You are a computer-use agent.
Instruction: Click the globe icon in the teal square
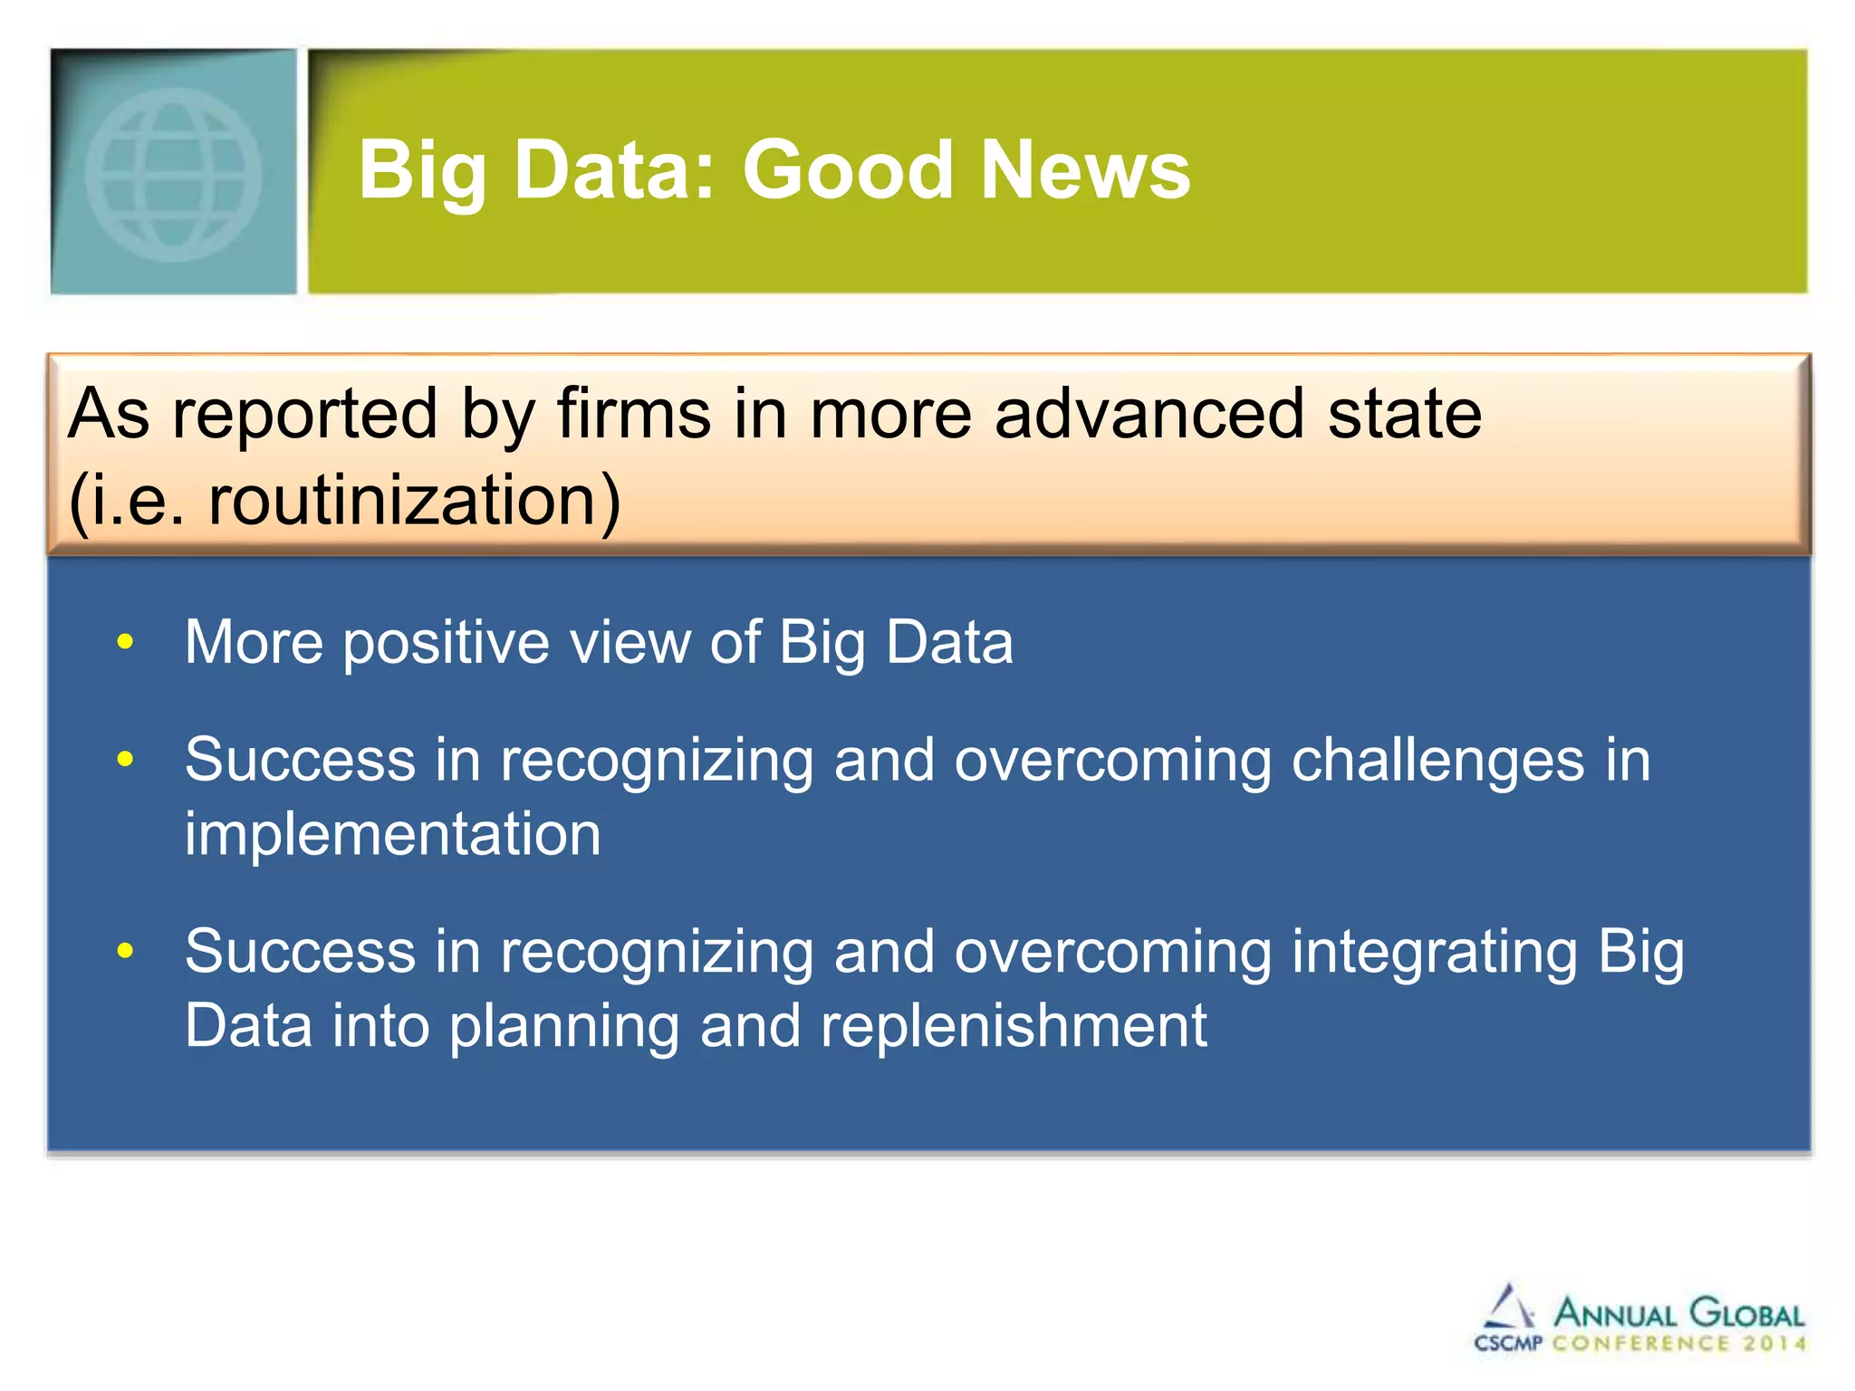[x=173, y=174]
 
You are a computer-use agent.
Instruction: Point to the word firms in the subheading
[x=633, y=415]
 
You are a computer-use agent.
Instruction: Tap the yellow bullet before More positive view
[x=125, y=643]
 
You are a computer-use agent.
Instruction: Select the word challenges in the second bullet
[x=1437, y=761]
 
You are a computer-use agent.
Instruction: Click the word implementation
[x=392, y=834]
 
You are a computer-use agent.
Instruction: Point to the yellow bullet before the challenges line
[x=125, y=759]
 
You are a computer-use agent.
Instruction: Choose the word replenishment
[x=1014, y=1026]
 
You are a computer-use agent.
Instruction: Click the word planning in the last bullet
[x=564, y=1028]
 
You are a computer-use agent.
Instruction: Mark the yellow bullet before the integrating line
[x=125, y=951]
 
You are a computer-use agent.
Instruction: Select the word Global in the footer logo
[x=1747, y=1313]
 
